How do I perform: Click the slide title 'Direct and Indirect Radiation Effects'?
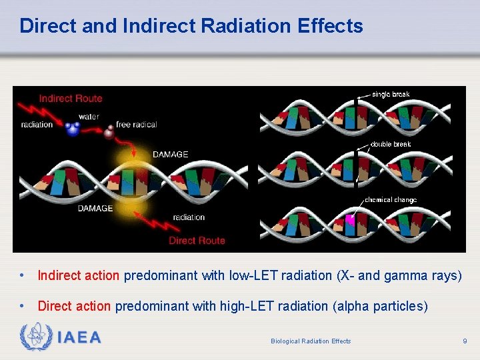(191, 26)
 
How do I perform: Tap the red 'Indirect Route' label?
(71, 99)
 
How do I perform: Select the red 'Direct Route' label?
(197, 240)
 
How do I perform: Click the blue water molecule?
(73, 129)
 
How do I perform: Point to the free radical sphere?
(109, 133)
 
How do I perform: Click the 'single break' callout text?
(391, 95)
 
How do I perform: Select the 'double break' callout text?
(391, 144)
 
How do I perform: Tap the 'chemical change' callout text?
(391, 200)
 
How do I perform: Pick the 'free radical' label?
(137, 125)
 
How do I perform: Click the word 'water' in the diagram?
(89, 116)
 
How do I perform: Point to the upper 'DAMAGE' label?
(170, 154)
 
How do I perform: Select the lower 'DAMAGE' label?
(95, 208)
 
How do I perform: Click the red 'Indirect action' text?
(79, 275)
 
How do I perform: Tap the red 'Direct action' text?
(74, 306)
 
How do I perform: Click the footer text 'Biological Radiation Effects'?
(311, 341)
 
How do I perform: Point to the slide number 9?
(465, 341)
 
